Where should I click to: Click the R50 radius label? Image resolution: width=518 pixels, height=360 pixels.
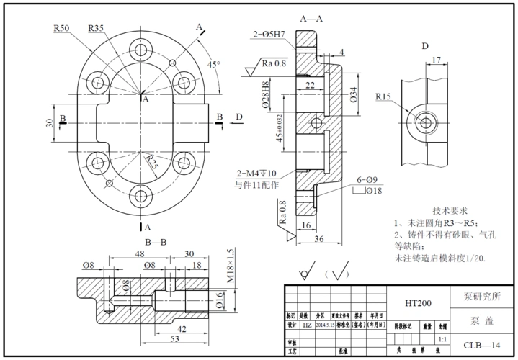61,28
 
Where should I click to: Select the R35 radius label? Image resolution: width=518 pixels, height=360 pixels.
96,28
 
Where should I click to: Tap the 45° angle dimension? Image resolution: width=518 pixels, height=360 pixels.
214,64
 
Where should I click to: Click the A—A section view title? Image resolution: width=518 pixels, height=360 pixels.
311,17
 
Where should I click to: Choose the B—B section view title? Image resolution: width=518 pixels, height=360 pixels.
156,242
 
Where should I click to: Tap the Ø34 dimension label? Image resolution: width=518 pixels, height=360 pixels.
354,94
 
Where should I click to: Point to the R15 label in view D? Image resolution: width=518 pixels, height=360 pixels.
383,96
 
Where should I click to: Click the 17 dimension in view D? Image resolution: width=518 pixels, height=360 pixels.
437,60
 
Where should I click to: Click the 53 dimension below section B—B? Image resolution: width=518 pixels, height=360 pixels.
175,338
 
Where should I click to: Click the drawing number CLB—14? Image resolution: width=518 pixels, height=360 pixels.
482,346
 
